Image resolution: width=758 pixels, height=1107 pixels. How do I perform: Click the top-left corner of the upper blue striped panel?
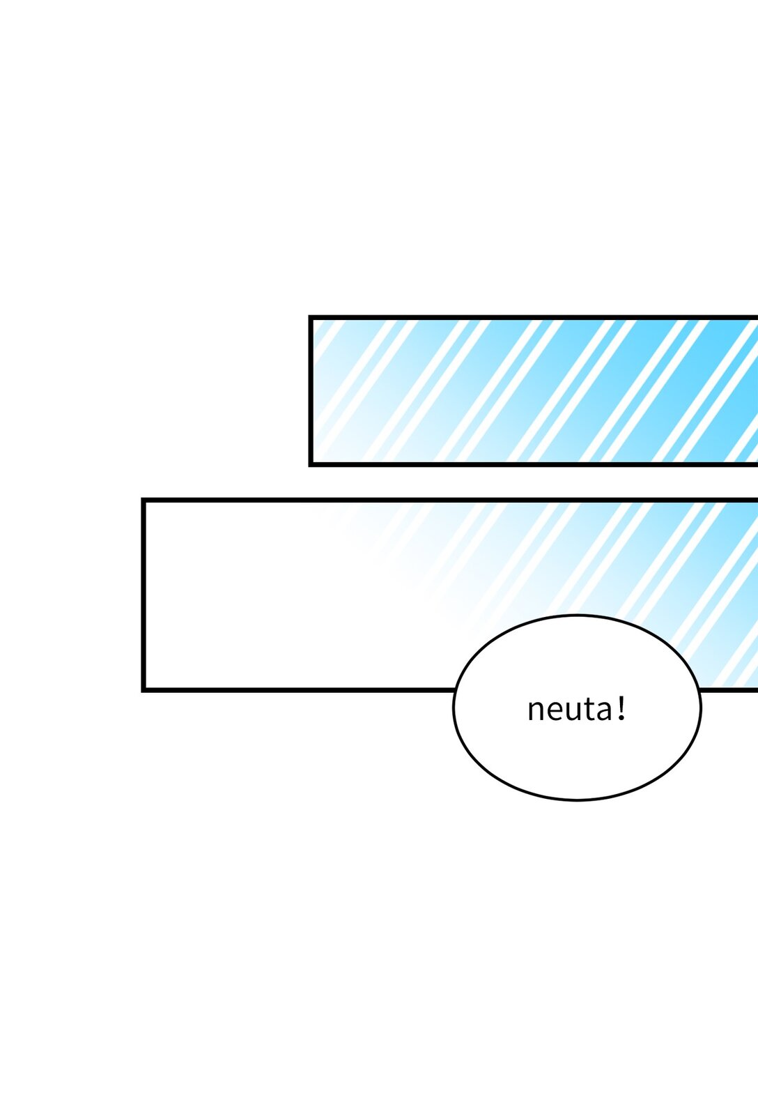tap(311, 317)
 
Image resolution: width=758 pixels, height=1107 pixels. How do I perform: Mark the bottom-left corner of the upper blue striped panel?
tap(311, 464)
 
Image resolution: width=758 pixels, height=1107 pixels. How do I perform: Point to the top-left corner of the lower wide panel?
tap(144, 500)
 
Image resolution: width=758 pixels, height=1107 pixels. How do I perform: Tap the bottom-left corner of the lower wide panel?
tap(144, 690)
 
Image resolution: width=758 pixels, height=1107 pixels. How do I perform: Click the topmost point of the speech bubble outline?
tap(577, 616)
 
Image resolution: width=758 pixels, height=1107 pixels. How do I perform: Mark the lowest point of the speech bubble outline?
tap(577, 800)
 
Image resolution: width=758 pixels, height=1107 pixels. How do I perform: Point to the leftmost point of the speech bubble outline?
tap(454, 707)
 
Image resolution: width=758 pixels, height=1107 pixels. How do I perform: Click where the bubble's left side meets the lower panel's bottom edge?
tap(456, 690)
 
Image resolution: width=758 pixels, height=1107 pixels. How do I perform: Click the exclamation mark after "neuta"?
tap(621, 708)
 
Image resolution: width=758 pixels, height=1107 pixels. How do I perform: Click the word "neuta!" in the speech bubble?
tap(576, 708)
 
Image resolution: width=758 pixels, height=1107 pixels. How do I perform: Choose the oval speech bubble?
tap(577, 707)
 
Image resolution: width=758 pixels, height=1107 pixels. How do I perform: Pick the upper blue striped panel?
tap(533, 390)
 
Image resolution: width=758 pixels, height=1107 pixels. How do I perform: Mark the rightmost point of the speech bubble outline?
tap(701, 707)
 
